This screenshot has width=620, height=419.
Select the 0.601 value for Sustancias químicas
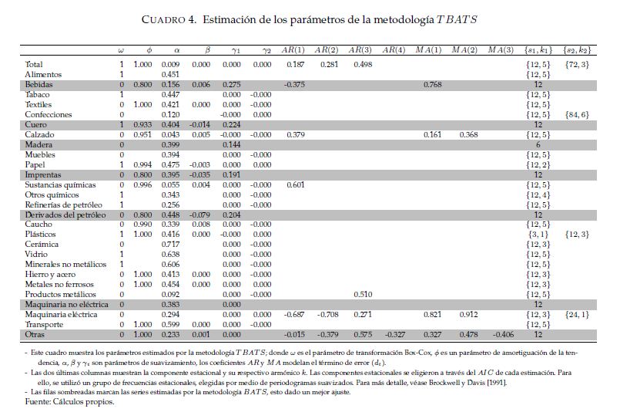click(294, 185)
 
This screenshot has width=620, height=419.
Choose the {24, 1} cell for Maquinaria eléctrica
click(578, 315)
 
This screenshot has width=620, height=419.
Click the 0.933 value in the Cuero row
click(142, 124)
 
